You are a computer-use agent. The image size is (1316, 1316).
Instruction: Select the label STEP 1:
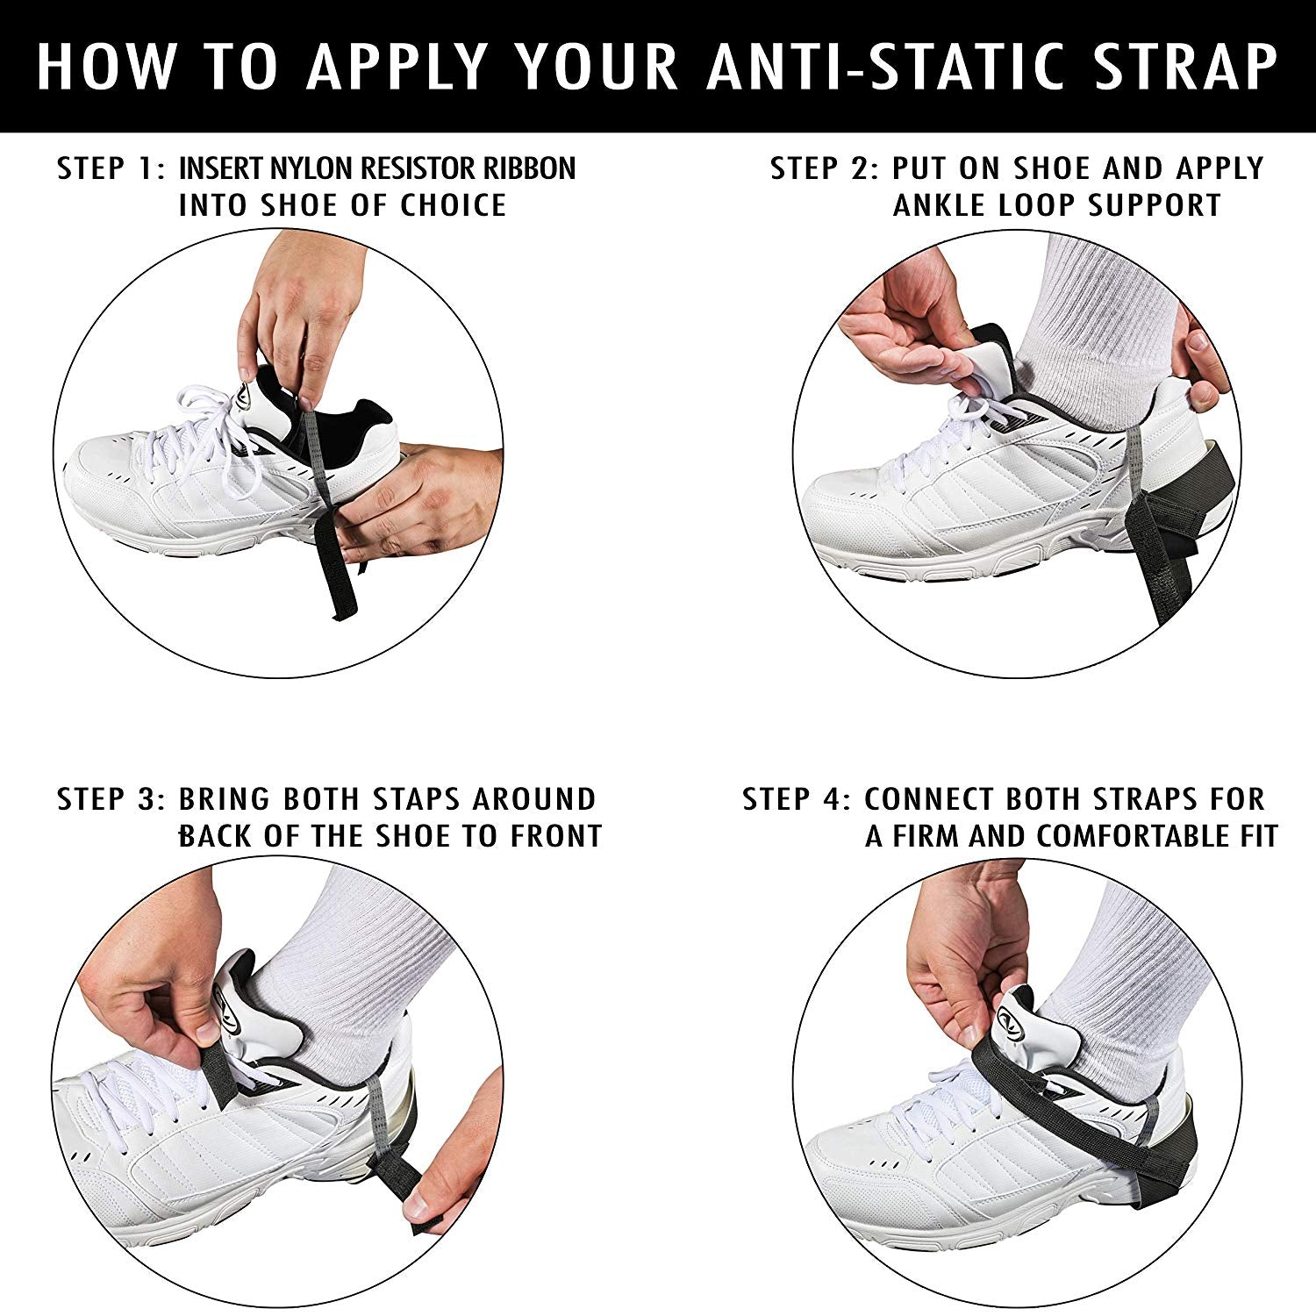(x=111, y=168)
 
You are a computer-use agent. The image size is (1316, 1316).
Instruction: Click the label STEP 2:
(x=825, y=168)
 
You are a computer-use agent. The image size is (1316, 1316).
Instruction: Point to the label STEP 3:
(x=111, y=799)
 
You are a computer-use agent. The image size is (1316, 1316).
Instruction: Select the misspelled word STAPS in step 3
(x=416, y=799)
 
